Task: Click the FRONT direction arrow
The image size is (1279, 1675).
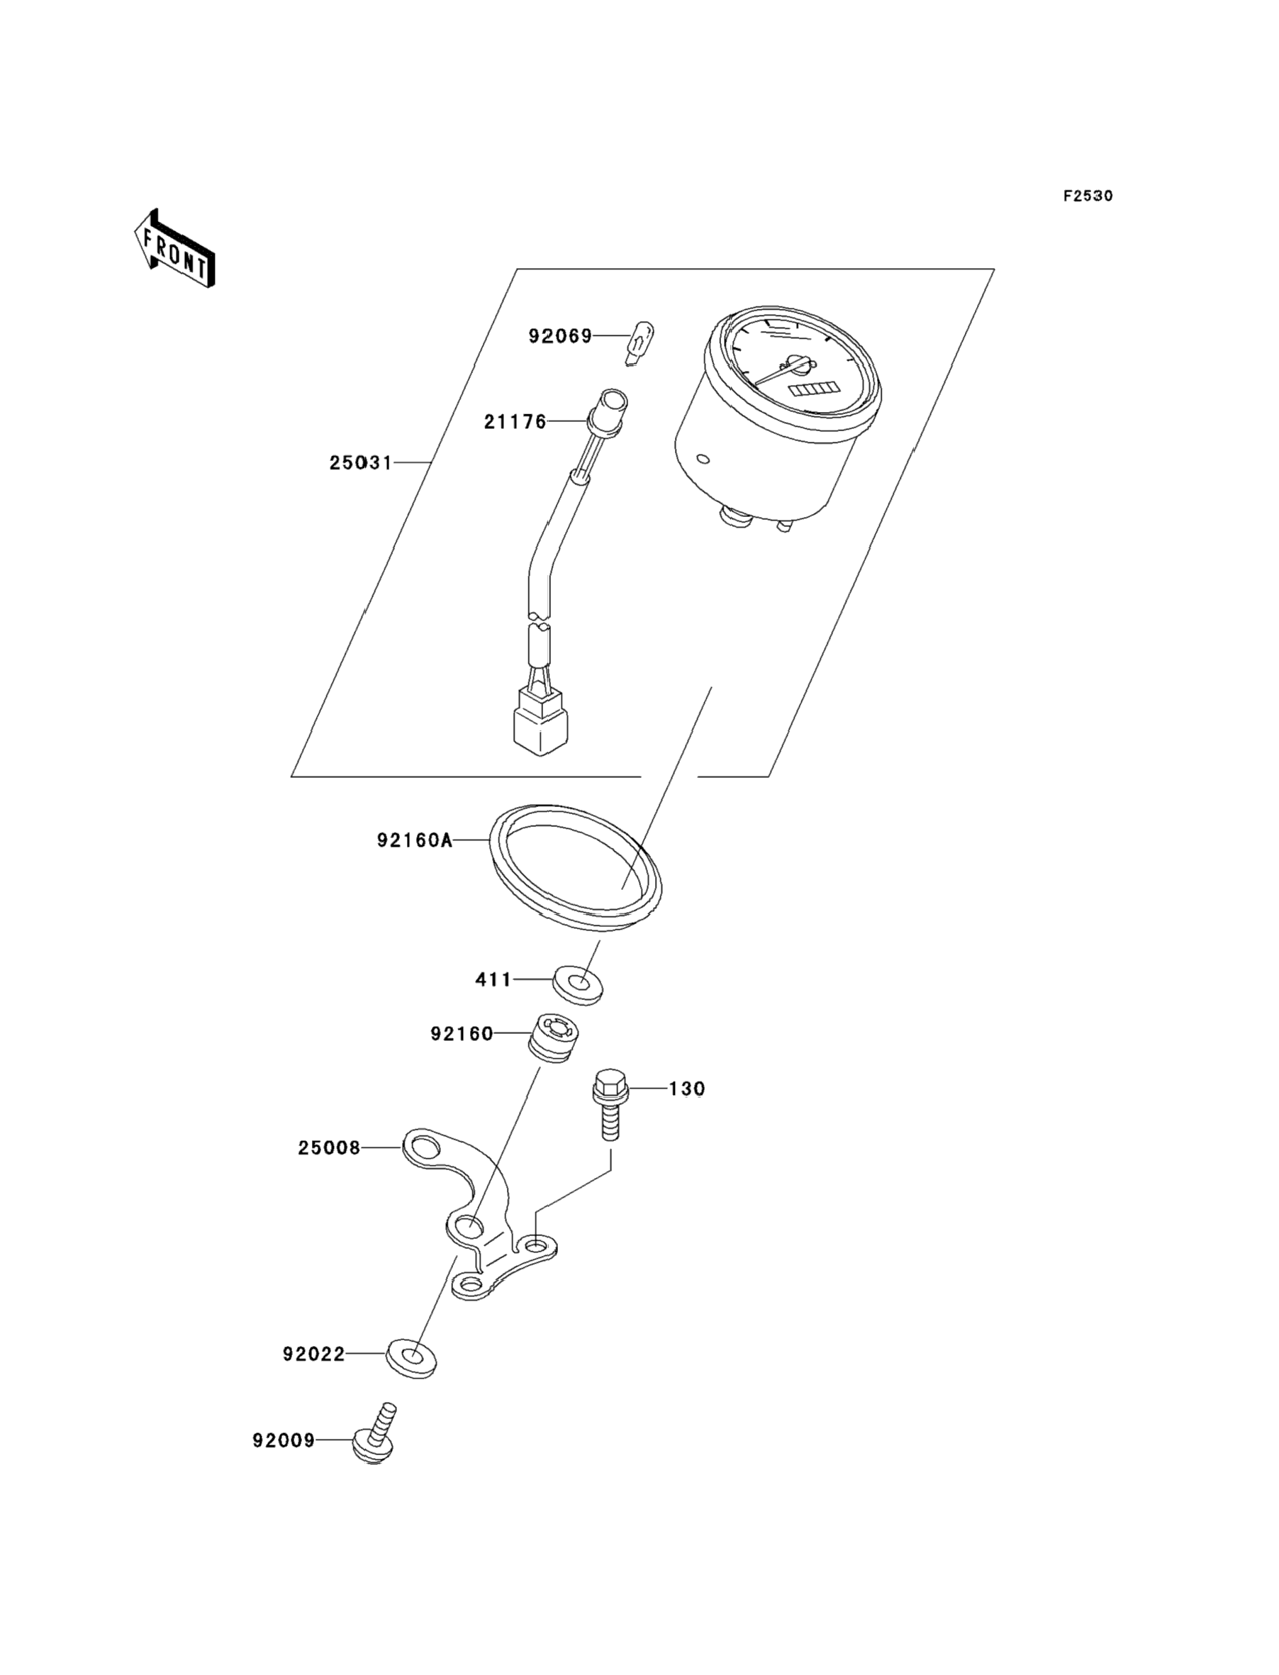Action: pyautogui.click(x=174, y=248)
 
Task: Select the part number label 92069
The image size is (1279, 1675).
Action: pyautogui.click(x=560, y=335)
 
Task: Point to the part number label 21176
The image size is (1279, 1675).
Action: pyautogui.click(x=515, y=422)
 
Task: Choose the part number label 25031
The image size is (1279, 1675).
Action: pyautogui.click(x=361, y=463)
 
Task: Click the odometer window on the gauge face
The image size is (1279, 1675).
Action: pyautogui.click(x=808, y=391)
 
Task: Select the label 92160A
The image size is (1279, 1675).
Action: pyautogui.click(x=414, y=840)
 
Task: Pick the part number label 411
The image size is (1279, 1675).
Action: pyautogui.click(x=493, y=980)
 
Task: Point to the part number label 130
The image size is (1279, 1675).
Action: pyautogui.click(x=687, y=1089)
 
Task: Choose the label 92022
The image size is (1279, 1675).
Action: pyautogui.click(x=313, y=1354)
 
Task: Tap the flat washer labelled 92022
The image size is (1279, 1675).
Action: pyautogui.click(x=411, y=1357)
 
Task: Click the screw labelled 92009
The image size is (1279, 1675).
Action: pyautogui.click(x=374, y=1435)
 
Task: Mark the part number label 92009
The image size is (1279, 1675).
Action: pyautogui.click(x=283, y=1441)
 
